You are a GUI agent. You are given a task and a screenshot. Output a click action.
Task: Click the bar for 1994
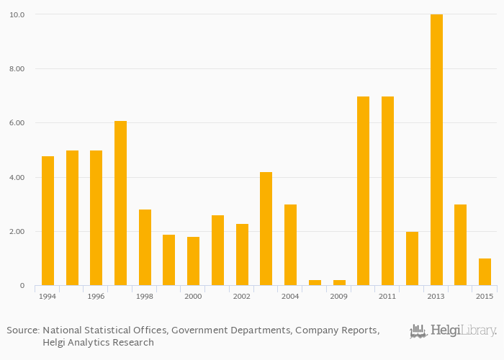tap(48, 220)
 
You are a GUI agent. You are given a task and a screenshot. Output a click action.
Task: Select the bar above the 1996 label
tap(96, 217)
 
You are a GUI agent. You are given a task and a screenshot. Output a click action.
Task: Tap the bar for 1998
tap(145, 247)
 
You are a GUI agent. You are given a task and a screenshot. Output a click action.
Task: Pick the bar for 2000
tap(193, 261)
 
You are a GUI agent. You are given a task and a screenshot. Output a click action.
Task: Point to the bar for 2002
tap(242, 254)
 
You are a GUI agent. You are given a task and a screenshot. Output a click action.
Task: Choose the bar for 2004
tap(290, 245)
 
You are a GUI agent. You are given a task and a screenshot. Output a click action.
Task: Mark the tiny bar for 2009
tap(339, 282)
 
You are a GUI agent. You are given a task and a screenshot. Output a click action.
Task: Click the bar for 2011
tap(387, 191)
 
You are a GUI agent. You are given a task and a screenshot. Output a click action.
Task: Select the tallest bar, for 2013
tap(436, 150)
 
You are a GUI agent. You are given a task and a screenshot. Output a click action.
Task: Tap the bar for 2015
tap(485, 271)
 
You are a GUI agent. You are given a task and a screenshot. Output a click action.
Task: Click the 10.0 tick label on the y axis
tap(17, 14)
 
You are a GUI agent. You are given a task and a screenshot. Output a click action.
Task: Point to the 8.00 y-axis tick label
tap(17, 69)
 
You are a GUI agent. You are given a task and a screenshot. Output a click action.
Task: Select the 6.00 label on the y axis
tap(17, 123)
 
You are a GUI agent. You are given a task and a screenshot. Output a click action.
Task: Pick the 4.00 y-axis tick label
tap(17, 178)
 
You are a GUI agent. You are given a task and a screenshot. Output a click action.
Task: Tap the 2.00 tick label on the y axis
tap(17, 232)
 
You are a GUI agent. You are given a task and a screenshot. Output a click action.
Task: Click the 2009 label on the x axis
tap(339, 297)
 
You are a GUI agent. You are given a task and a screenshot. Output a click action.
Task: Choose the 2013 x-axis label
tap(436, 297)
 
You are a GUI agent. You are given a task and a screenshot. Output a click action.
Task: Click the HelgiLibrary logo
tap(453, 331)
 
